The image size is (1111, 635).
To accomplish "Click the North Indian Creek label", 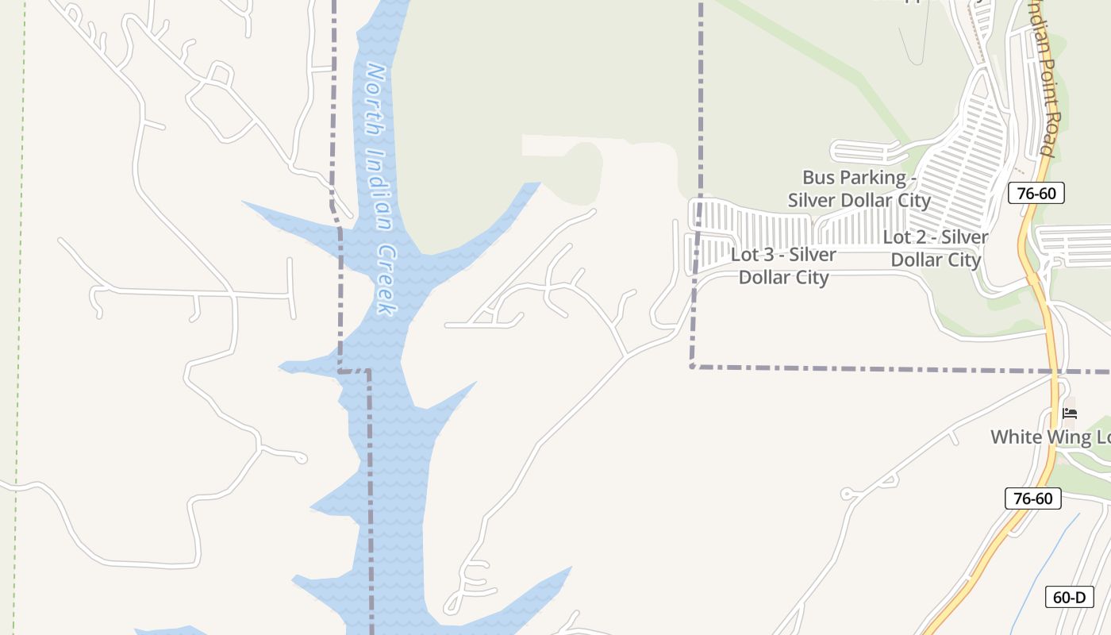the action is (x=379, y=189).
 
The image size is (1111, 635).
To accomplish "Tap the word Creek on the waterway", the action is (x=386, y=279).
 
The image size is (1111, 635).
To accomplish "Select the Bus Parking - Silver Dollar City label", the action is (x=859, y=188).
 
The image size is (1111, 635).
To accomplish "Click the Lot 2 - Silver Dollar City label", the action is (x=936, y=248).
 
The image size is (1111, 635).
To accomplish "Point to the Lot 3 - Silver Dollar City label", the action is (x=784, y=266).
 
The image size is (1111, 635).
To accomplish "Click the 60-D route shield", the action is (x=1069, y=597).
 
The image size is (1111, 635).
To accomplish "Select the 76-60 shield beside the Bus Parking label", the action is (x=1036, y=193).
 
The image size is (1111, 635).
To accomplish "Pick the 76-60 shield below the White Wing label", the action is (x=1032, y=498).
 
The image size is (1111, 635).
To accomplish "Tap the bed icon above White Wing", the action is (x=1070, y=414).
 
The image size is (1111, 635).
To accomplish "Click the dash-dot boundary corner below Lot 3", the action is (x=693, y=366).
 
